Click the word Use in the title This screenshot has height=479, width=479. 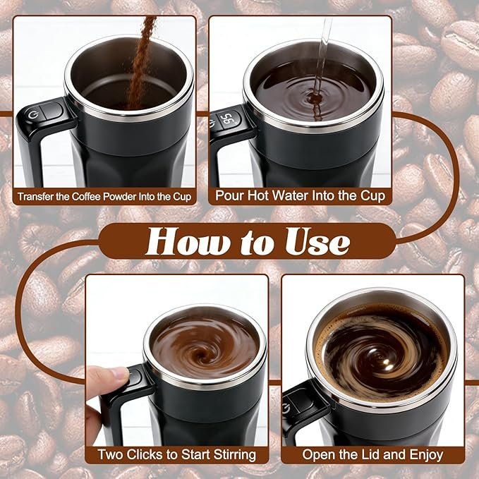317,241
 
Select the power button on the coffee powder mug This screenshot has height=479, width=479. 34,115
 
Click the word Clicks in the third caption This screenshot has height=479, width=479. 145,454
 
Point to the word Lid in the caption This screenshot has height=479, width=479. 372,454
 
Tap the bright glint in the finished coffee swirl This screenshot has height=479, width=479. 385,363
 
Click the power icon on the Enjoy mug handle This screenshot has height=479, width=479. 286,408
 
